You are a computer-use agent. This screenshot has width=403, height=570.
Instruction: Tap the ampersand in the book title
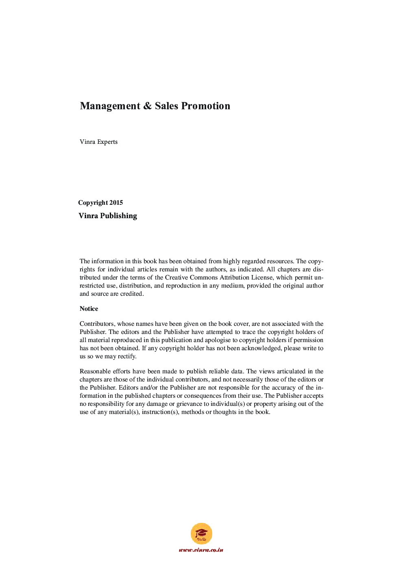pyautogui.click(x=148, y=106)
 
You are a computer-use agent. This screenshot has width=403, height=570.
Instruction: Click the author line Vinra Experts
pyautogui.click(x=98, y=142)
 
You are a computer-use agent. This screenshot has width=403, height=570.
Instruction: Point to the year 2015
pyautogui.click(x=116, y=203)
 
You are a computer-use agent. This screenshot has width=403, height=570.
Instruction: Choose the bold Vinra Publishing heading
pyautogui.click(x=108, y=216)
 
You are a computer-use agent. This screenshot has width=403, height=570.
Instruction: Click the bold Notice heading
pyautogui.click(x=89, y=309)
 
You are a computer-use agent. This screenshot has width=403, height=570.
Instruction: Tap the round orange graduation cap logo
pyautogui.click(x=201, y=533)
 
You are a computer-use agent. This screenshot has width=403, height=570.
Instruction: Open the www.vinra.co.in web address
pyautogui.click(x=201, y=550)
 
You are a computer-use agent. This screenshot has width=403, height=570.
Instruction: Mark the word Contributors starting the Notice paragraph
pyautogui.click(x=97, y=324)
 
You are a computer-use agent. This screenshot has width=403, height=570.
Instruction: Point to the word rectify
pyautogui.click(x=127, y=356)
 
